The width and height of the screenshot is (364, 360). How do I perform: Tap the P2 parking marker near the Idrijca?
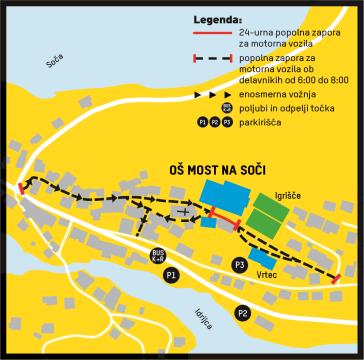pos(242,314)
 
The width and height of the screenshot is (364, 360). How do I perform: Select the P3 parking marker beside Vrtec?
pos(239,264)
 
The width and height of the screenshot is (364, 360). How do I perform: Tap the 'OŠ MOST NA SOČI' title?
pos(212,171)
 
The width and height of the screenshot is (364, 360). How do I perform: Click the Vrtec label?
pos(268,273)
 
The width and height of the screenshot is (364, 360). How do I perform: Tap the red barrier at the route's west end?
pos(22,188)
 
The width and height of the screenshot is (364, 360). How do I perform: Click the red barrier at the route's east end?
pos(337,278)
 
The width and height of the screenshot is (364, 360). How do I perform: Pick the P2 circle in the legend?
pos(216,122)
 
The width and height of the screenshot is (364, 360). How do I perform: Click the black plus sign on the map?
pos(182,212)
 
